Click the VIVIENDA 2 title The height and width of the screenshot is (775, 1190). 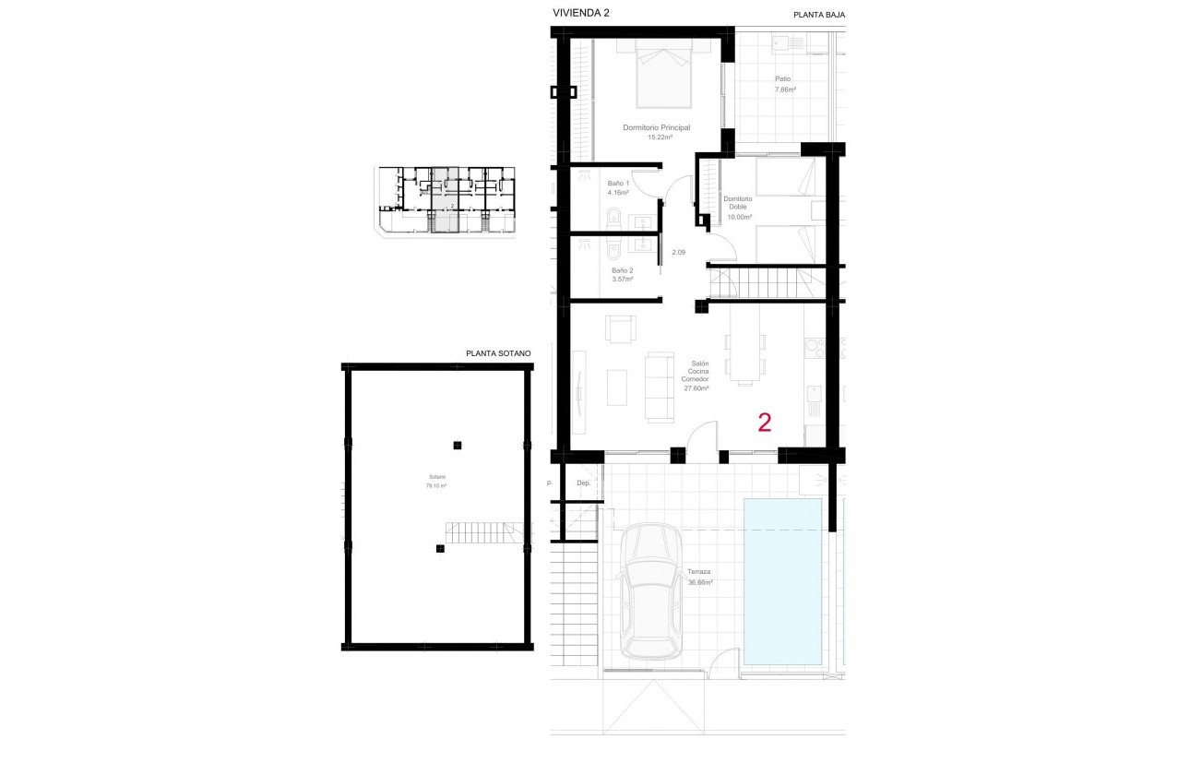click(x=580, y=13)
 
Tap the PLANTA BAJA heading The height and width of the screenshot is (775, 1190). click(x=819, y=15)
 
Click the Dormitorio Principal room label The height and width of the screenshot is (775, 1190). click(x=657, y=132)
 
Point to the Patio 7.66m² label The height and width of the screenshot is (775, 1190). click(x=785, y=85)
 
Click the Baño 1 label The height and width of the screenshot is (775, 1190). click(x=618, y=188)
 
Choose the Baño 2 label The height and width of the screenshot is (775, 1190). click(x=622, y=275)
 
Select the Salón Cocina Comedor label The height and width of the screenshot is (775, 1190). click(x=695, y=376)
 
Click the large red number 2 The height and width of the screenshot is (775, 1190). click(x=764, y=423)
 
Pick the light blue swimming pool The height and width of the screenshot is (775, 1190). click(x=782, y=581)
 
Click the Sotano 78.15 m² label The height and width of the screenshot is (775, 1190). click(x=436, y=481)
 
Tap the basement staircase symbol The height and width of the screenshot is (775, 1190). click(x=477, y=531)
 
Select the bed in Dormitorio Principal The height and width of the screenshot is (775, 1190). click(x=662, y=77)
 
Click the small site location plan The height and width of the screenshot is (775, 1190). click(x=445, y=200)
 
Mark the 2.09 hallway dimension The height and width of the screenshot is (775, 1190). click(x=678, y=252)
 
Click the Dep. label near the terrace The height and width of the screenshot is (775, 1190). click(x=583, y=483)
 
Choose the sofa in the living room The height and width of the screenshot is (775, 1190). click(x=659, y=386)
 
